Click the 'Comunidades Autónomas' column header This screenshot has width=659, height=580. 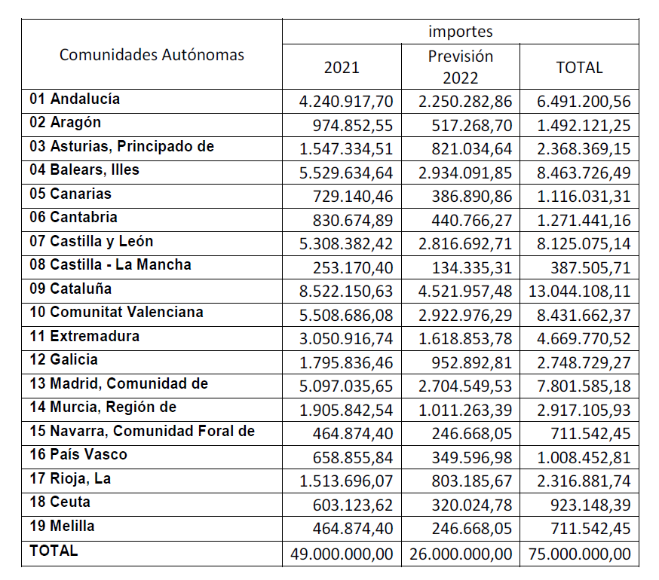click(x=152, y=55)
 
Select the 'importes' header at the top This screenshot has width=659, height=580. click(x=460, y=32)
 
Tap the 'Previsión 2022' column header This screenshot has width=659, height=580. click(x=460, y=67)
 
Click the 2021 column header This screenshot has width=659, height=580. click(x=342, y=68)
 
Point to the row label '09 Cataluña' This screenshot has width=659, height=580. click(x=71, y=288)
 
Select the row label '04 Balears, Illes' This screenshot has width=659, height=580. click(x=84, y=169)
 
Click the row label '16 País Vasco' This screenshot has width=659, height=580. click(x=78, y=454)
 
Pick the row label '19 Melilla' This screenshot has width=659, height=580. click(x=62, y=526)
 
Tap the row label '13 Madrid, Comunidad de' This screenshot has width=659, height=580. click(x=119, y=383)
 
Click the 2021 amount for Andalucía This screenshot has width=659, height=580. click(x=346, y=102)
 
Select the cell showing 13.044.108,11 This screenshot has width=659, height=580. click(x=580, y=292)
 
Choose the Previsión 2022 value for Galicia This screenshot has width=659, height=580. click(x=471, y=363)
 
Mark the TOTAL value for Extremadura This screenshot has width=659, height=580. click(x=584, y=339)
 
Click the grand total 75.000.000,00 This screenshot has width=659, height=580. click(x=580, y=554)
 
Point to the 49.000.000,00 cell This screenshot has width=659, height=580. click(x=342, y=554)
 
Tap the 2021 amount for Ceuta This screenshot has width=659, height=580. click(x=353, y=505)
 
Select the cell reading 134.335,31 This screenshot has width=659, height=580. click(x=471, y=268)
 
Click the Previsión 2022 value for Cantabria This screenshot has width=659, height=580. click(x=471, y=221)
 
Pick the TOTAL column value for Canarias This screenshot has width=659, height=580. click(x=584, y=197)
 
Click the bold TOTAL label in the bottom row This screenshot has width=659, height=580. click(x=54, y=551)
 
